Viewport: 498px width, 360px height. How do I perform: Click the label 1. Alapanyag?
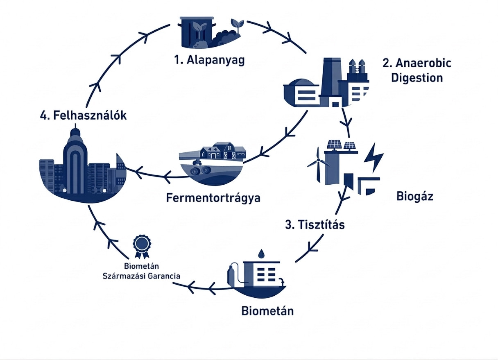click(209, 61)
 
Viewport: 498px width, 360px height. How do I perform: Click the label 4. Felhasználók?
click(84, 115)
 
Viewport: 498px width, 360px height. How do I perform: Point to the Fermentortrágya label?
click(213, 198)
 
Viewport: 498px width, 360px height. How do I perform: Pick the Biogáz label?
click(415, 196)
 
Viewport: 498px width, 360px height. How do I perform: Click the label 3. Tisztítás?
click(315, 225)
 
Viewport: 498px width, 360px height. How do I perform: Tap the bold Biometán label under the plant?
click(267, 311)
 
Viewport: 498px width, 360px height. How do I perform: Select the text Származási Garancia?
click(141, 276)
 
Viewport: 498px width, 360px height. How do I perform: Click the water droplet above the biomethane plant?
click(260, 253)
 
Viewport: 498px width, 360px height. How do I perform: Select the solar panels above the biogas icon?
click(342, 145)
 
